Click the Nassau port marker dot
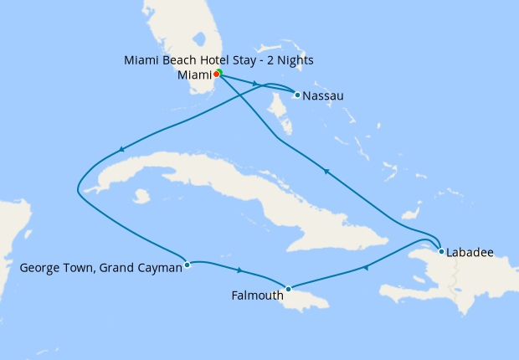[297, 95]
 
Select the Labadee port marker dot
[441, 250]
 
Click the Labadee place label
[470, 251]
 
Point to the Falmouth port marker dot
[288, 290]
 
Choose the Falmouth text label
[256, 295]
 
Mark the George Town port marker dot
[187, 265]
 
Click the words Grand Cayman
[143, 269]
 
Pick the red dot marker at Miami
[214, 74]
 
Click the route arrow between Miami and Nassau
[253, 83]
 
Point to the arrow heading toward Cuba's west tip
[122, 150]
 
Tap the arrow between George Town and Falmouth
[240, 270]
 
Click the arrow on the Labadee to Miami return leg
[326, 172]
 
